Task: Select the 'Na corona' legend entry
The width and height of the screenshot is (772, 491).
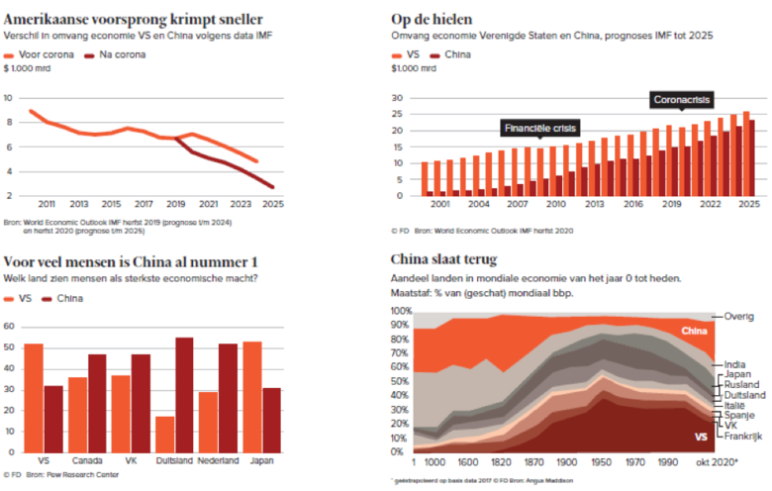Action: coord(122,53)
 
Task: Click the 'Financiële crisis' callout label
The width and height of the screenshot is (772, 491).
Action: coord(540,129)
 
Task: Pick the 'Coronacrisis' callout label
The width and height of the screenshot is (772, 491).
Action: coord(682,100)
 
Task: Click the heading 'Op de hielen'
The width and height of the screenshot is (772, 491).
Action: coord(432,18)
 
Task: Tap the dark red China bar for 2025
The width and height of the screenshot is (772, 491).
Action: coord(752,157)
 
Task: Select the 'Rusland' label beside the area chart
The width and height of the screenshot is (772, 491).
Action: coord(742,385)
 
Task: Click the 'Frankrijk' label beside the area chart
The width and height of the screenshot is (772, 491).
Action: coord(745,436)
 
